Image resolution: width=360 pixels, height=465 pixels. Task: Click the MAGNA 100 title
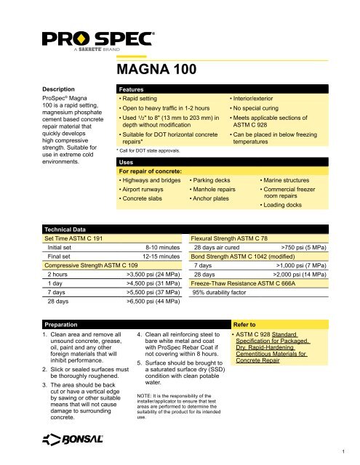tap(158, 70)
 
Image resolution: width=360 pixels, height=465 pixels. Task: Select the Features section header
tap(134, 86)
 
